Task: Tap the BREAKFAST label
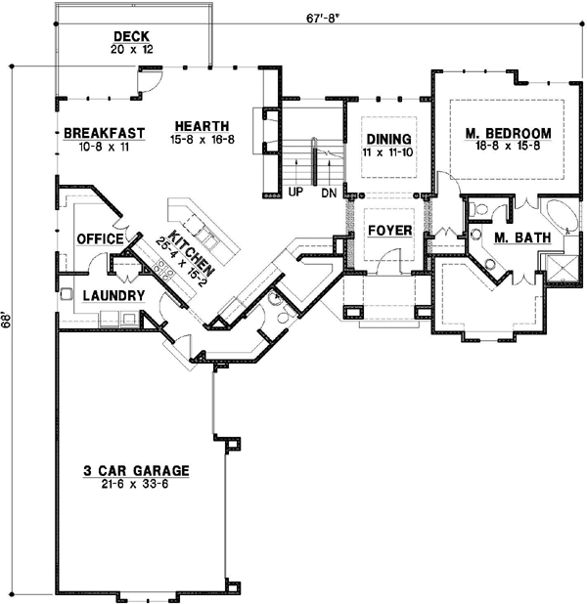point(105,133)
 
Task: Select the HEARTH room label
point(203,126)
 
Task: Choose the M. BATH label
point(521,237)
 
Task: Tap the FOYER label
point(388,231)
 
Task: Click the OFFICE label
point(100,238)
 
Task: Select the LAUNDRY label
point(114,295)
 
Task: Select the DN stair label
point(329,194)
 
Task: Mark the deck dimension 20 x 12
point(132,49)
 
